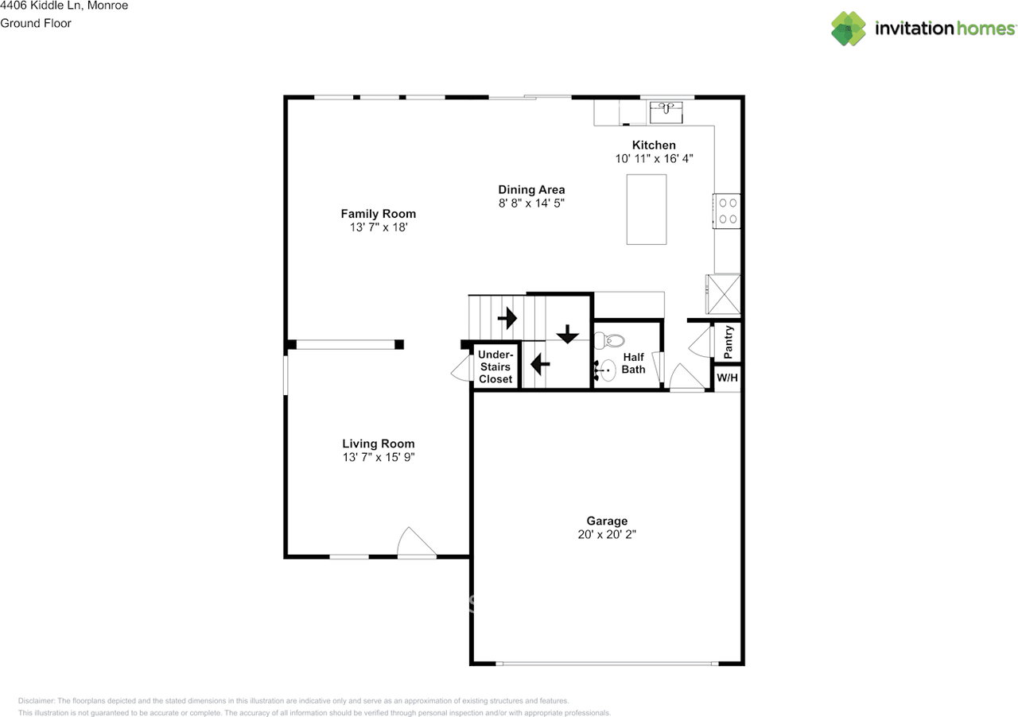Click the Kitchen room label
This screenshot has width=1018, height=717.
tap(654, 145)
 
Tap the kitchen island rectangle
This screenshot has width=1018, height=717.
tap(646, 209)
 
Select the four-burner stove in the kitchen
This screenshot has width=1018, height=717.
tap(727, 211)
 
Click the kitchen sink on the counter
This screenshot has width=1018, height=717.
tap(666, 112)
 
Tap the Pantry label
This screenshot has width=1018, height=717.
tap(729, 342)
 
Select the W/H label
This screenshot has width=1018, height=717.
tap(728, 378)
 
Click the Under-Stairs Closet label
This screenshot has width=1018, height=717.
tap(495, 366)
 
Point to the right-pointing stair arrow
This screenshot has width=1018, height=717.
tap(507, 319)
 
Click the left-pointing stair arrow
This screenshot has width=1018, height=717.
tap(540, 364)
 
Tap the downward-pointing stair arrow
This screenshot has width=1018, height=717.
tap(567, 335)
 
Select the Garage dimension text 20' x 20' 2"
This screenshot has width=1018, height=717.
tap(607, 535)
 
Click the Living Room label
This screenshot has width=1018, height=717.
tap(378, 444)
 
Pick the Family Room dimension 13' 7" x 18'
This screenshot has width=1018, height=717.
tap(378, 227)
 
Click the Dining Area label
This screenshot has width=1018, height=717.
tap(531, 189)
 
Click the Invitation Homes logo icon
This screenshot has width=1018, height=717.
tap(849, 29)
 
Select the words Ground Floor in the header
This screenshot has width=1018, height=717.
tap(36, 23)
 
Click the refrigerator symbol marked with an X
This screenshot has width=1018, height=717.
tap(723, 293)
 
